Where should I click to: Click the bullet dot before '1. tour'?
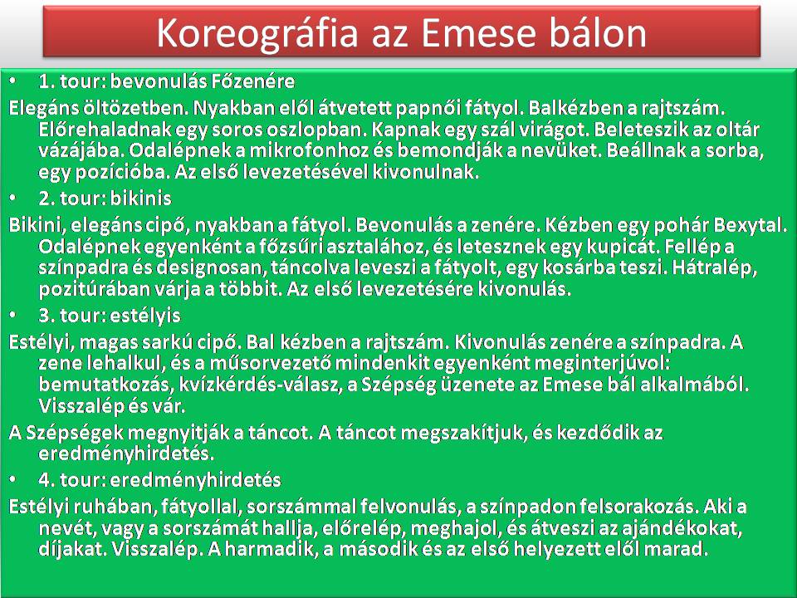tap(12, 81)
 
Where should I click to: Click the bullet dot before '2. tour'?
tap(12, 198)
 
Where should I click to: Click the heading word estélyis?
tap(145, 316)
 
